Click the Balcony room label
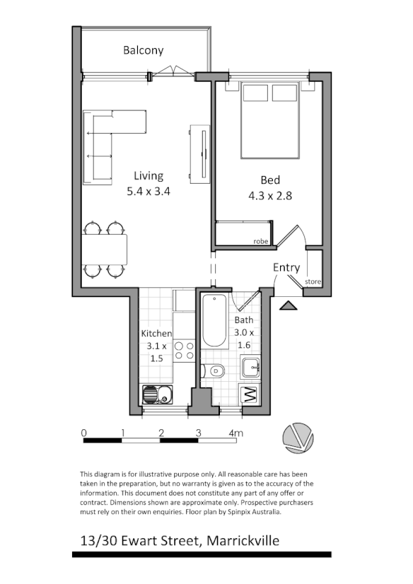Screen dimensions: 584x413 pos(143,50)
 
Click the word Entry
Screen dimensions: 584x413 pos(286,268)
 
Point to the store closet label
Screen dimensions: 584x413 pos(313,282)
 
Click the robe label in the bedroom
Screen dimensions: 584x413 pos(262,242)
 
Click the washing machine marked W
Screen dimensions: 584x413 pos(249,395)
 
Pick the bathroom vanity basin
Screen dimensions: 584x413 pos(250,368)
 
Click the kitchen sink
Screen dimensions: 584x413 pos(157,394)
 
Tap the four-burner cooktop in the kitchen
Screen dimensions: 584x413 pos(184,352)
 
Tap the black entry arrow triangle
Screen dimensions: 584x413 pos(287,305)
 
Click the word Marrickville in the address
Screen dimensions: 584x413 pos(245,541)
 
